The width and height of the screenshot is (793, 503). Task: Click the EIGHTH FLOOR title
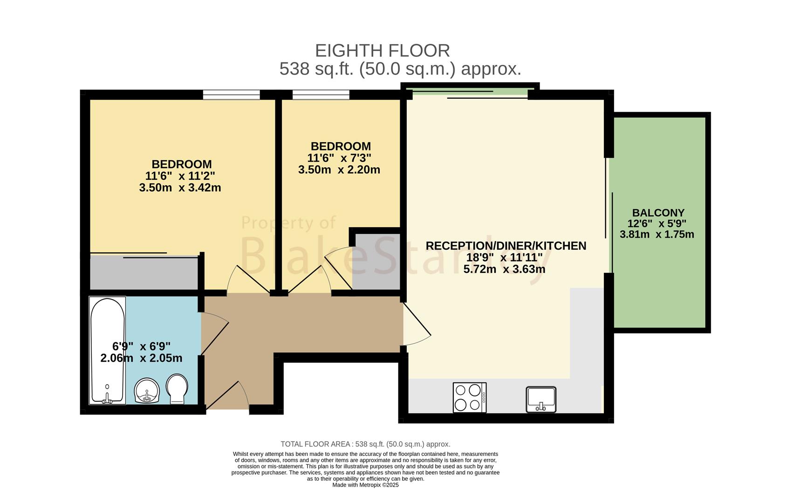(383, 51)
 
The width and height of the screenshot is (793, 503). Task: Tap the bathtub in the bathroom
(107, 350)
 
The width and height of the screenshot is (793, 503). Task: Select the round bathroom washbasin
(147, 391)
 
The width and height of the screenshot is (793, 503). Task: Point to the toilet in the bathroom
(177, 389)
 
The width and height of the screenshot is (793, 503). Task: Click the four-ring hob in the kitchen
(470, 398)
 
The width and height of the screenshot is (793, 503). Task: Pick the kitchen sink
(541, 400)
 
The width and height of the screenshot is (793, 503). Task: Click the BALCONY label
(658, 213)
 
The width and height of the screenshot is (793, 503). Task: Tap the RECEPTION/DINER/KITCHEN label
(506, 245)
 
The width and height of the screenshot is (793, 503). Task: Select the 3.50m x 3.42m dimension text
(180, 187)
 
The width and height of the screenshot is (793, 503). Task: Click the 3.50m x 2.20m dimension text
(339, 170)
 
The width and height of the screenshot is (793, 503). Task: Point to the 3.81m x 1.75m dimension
(656, 234)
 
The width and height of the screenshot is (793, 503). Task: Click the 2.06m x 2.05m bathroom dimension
(141, 358)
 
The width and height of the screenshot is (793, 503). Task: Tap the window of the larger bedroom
(232, 95)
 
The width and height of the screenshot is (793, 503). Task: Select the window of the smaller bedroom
(321, 95)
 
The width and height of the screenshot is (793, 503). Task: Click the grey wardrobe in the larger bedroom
(144, 272)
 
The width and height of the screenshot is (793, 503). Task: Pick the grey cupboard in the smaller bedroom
(376, 262)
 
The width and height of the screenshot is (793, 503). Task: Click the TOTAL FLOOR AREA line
(365, 444)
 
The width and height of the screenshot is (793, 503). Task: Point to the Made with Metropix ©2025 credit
(365, 485)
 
